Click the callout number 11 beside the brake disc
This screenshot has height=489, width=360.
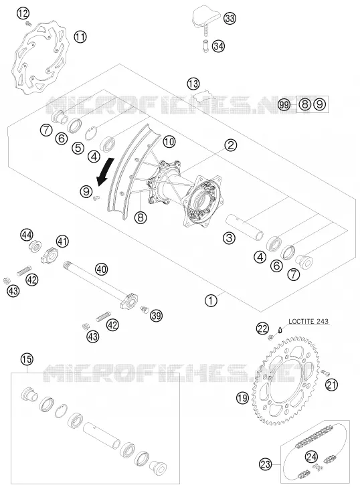[x=80, y=37]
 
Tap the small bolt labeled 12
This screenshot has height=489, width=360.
[x=29, y=23]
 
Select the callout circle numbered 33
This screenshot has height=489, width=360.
[x=230, y=19]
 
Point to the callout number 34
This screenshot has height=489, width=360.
[x=218, y=46]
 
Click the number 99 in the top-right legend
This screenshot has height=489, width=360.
[x=284, y=105]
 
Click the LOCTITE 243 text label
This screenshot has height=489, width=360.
[x=308, y=321]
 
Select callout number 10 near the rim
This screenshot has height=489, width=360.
[x=169, y=142]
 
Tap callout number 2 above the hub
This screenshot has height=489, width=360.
[x=231, y=145]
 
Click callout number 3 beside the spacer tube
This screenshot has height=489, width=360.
[x=230, y=239]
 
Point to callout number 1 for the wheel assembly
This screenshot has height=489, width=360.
[x=211, y=300]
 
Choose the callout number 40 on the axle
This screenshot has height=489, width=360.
[x=102, y=269]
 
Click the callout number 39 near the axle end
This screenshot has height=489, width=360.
[x=156, y=316]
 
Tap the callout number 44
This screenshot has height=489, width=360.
[x=27, y=235]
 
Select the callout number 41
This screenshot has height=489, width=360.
[x=62, y=241]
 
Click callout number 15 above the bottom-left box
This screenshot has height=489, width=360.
[x=27, y=359]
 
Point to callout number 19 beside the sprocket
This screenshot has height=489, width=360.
[x=242, y=397]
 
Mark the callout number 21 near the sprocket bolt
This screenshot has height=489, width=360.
[x=331, y=385]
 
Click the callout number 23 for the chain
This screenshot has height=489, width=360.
[x=266, y=465]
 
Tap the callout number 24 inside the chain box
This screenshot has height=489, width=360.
[x=311, y=457]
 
